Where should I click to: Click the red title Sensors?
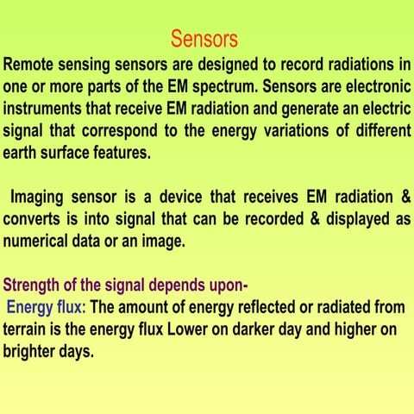[204, 39]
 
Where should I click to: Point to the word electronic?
[370, 87]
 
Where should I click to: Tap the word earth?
[22, 154]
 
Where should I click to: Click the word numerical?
[41, 241]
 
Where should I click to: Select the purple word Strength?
[35, 285]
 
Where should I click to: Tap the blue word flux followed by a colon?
[72, 308]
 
